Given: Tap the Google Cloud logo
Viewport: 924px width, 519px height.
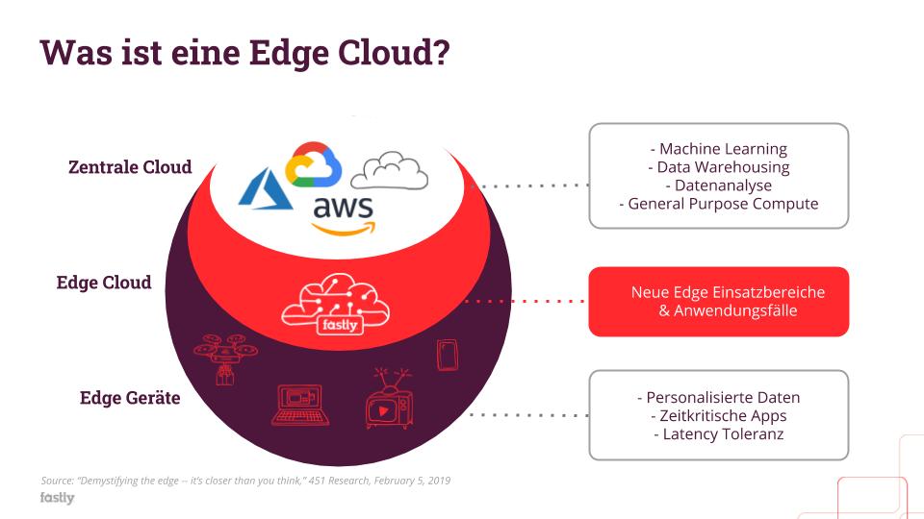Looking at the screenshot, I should click(x=314, y=164).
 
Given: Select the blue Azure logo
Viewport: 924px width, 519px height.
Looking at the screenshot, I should click(x=266, y=189).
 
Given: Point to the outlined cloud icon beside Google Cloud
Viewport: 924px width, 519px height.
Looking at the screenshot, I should click(x=390, y=170).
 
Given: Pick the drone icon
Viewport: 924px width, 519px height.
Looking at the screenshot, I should click(x=225, y=355).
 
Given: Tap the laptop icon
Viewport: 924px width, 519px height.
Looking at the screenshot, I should click(x=300, y=405).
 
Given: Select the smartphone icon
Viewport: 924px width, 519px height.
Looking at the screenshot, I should click(x=447, y=355).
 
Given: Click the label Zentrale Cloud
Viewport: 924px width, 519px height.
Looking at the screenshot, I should click(x=130, y=167).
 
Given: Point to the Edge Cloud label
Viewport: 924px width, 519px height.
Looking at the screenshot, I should click(x=104, y=283).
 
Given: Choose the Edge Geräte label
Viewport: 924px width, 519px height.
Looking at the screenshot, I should click(x=130, y=398).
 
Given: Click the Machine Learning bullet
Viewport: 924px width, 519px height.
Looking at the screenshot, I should click(x=718, y=149).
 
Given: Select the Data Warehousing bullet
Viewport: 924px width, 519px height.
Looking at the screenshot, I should click(x=718, y=167).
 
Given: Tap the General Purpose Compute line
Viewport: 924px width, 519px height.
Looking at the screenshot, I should click(x=718, y=204).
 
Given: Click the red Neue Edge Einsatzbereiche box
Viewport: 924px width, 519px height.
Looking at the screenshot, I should click(x=718, y=301).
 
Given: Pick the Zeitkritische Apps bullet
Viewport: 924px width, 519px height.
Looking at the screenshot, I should click(x=718, y=416).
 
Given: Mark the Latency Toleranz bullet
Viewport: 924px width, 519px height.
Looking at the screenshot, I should click(x=718, y=434).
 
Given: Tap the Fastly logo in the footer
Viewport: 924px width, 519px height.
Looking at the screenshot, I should click(x=57, y=498).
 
